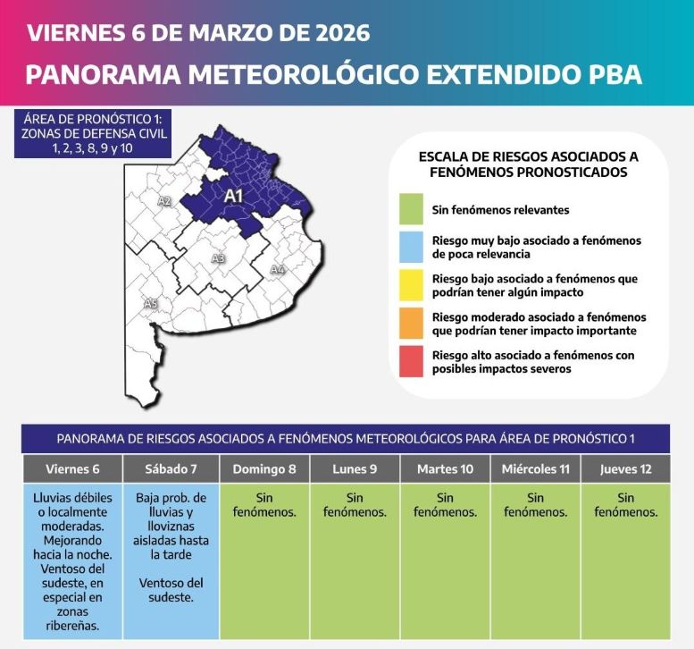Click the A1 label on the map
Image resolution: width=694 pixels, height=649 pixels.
[234, 195]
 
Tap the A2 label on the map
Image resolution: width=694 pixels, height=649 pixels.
[164, 201]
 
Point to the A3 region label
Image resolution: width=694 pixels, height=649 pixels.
[218, 259]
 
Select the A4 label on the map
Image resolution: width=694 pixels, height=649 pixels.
[278, 269]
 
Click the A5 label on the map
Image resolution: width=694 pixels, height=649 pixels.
[151, 305]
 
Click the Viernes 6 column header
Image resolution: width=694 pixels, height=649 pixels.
[72, 469]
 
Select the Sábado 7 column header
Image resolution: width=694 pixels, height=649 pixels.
[172, 469]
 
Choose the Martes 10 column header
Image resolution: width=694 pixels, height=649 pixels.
[445, 469]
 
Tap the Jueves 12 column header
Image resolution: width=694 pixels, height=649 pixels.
[625, 469]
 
